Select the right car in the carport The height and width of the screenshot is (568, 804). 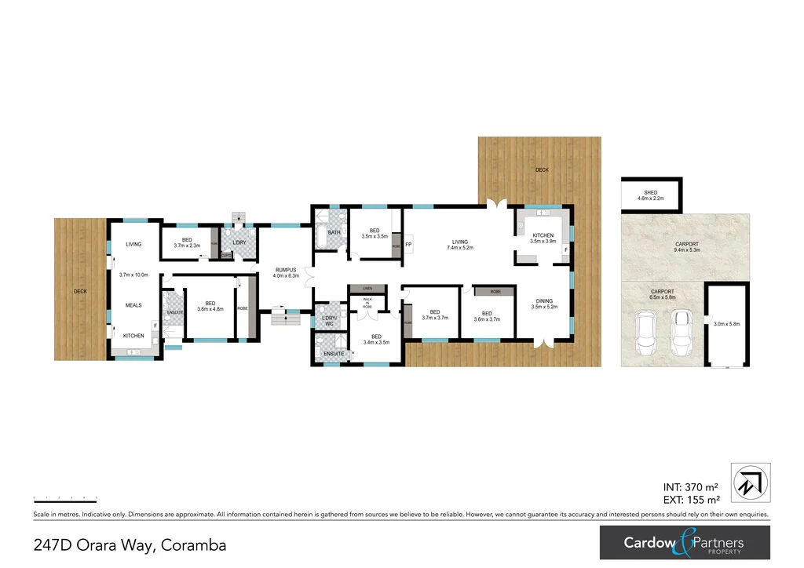[681, 330]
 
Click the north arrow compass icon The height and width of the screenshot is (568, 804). [751, 482]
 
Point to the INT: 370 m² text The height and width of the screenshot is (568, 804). [692, 486]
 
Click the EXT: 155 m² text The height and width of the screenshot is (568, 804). [691, 500]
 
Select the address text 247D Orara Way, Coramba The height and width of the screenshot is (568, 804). [130, 544]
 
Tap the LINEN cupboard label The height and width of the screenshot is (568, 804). [366, 289]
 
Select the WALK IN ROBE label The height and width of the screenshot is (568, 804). [367, 303]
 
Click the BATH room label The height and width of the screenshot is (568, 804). [334, 232]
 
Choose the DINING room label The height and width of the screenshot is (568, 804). [544, 303]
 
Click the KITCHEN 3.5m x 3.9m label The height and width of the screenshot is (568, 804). [543, 238]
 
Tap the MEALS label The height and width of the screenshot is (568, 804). [133, 305]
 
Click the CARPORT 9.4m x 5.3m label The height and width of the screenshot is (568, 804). [687, 248]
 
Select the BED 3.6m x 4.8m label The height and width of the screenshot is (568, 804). [210, 306]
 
